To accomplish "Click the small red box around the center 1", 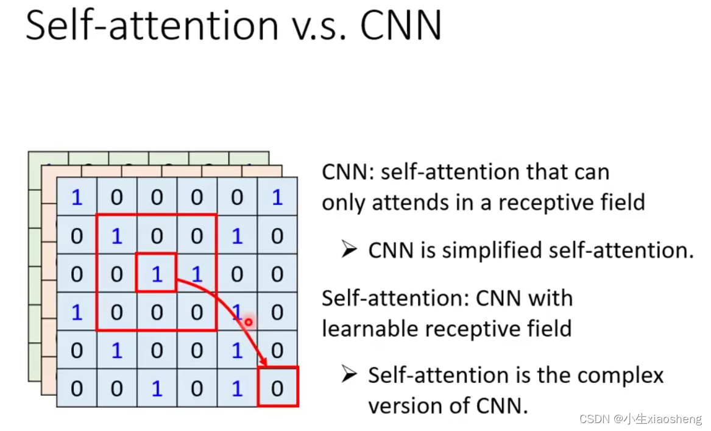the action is tap(157, 273).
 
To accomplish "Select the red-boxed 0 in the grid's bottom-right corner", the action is tap(277, 387).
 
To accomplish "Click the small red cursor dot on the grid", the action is tap(248, 321).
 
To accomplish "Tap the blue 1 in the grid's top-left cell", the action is tap(77, 197).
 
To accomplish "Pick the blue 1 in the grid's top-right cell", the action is tap(277, 197).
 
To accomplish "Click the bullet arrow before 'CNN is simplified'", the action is tap(348, 249).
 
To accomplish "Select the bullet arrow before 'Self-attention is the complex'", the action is tap(348, 374).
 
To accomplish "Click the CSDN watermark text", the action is tap(640, 419).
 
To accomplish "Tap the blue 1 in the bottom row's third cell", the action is tap(157, 388).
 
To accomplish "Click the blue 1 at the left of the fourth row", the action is tap(77, 312).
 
